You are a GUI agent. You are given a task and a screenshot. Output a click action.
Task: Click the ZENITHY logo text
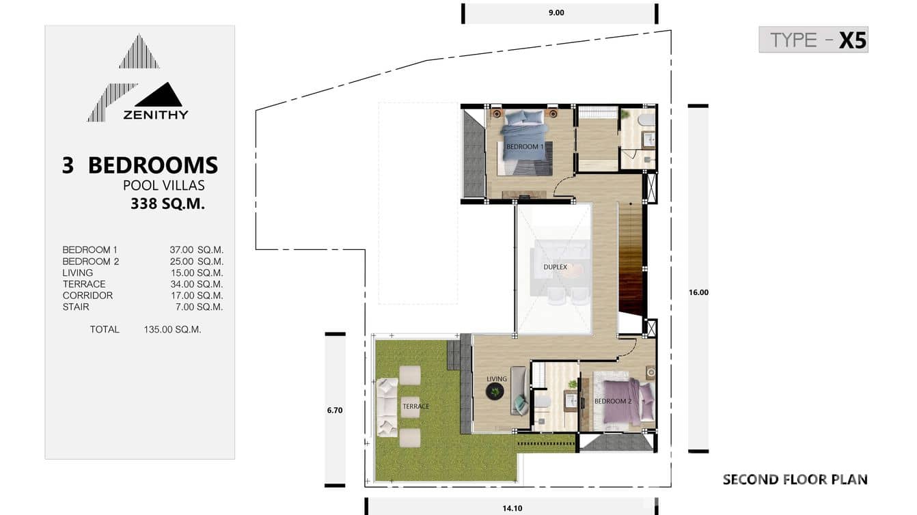coord(155,115)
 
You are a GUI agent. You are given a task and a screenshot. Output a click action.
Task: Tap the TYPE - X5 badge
coord(813,40)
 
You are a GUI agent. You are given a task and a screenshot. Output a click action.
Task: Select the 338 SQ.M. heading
coord(167,204)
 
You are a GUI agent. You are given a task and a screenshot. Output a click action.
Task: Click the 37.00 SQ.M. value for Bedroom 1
coord(196,250)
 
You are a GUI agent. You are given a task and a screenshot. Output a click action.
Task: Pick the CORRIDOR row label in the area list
coord(87,296)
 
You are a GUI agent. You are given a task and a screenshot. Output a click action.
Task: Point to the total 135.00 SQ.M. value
coord(172,329)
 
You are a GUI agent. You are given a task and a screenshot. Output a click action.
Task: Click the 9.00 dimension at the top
coord(556,12)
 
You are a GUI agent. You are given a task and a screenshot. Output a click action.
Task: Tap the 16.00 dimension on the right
coord(698,292)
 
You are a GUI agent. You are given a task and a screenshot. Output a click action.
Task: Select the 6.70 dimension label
coord(334,410)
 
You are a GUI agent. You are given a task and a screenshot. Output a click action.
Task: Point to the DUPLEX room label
coord(555,267)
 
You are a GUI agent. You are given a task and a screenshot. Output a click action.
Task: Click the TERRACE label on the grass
coord(415,406)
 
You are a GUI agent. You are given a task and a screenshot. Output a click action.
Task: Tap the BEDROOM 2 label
coord(612,401)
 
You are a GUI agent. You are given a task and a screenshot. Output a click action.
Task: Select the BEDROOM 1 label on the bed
coord(525,147)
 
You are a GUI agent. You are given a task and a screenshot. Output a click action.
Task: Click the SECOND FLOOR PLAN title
coord(795,479)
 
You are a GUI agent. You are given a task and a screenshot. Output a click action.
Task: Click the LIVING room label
coord(497,379)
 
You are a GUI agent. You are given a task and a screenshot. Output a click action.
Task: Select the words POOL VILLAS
coord(163,185)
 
